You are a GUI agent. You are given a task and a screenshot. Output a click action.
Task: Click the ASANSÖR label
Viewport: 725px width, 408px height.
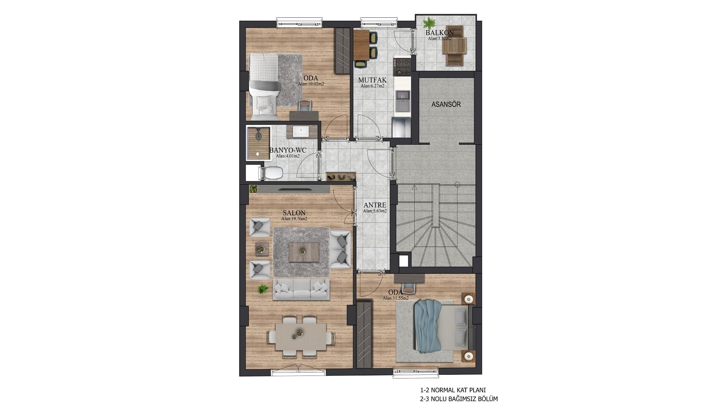(x=446, y=104)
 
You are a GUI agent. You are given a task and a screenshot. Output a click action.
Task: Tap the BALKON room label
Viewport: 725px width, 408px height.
(x=440, y=33)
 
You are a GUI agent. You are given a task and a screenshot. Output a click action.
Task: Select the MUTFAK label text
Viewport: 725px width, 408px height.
(x=372, y=80)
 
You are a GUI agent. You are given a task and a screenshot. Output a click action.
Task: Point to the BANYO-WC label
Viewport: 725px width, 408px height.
(x=288, y=150)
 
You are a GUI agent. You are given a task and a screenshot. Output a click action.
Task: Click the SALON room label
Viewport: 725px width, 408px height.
(x=294, y=213)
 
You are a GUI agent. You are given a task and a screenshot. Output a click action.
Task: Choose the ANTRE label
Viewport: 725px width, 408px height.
(x=375, y=205)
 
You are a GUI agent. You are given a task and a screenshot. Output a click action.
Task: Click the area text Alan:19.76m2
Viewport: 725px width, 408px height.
(x=294, y=219)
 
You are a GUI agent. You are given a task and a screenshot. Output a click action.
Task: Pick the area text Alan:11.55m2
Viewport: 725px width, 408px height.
(x=396, y=298)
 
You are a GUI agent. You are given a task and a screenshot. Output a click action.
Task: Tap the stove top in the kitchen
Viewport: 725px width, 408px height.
(x=402, y=66)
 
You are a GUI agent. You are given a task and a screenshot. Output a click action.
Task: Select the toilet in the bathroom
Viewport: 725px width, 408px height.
(x=271, y=173)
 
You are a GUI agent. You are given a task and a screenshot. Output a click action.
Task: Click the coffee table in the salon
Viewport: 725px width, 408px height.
(x=304, y=252)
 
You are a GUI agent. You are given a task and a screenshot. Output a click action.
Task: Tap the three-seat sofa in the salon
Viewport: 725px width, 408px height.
(x=301, y=290)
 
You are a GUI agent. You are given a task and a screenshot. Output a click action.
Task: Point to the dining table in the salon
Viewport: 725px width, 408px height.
(x=301, y=337)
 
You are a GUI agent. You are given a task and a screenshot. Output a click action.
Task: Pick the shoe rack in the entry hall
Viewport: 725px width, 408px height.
(x=341, y=177)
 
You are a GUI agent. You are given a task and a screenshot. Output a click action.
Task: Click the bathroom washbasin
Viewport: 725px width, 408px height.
(x=301, y=131)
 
